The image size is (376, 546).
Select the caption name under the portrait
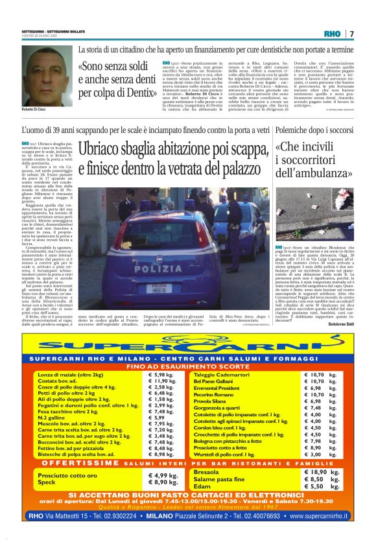(35, 111)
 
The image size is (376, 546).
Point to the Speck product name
(47, 482)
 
